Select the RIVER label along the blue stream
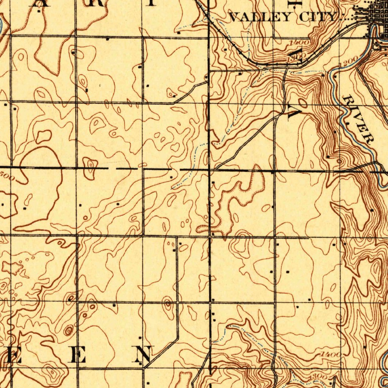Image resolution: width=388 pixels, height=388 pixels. [x=358, y=119]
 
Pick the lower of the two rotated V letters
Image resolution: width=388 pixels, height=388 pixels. [x=294, y=110]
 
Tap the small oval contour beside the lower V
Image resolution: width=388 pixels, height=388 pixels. [x=302, y=103]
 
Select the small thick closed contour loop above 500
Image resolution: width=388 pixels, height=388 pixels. [x=44, y=136]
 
